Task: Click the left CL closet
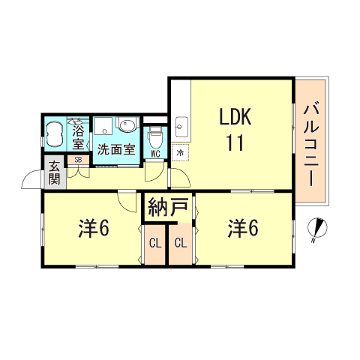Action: coord(154,243)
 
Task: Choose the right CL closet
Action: coord(181,243)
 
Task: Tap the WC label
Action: coord(155,154)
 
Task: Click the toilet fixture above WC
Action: coord(155,137)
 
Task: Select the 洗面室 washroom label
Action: coord(116,148)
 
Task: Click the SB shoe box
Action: coord(77,160)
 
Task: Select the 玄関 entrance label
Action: coord(55,173)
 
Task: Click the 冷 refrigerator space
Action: coord(180,154)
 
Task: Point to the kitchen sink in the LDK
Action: coord(181,129)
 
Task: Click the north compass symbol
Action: coord(317,229)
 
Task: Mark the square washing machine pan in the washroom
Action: coord(104,125)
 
